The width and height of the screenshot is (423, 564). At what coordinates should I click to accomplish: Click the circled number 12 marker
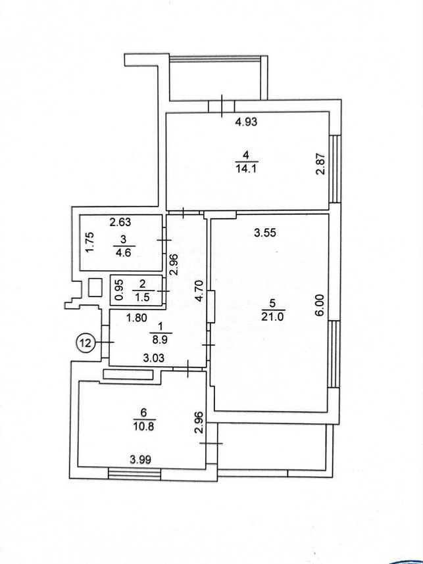click(x=86, y=342)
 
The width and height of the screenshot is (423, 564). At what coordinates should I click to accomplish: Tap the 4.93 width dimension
click(x=246, y=122)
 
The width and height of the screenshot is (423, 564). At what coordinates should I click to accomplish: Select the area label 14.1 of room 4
click(x=246, y=168)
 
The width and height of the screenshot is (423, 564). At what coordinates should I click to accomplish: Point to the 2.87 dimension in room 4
click(x=320, y=164)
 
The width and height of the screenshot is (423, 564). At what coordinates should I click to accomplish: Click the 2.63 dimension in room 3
click(x=120, y=222)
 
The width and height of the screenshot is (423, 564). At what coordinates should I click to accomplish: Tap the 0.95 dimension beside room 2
click(x=120, y=290)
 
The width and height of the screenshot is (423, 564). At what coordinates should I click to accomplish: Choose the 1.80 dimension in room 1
click(x=136, y=318)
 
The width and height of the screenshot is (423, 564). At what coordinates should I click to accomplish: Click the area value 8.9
click(x=160, y=339)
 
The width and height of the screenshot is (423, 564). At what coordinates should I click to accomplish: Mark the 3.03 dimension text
click(x=154, y=358)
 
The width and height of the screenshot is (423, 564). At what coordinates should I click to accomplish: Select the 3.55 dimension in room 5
click(x=265, y=233)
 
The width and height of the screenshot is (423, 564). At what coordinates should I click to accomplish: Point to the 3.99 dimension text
click(x=140, y=459)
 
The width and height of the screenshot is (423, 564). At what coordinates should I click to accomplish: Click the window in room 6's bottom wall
click(x=134, y=474)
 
